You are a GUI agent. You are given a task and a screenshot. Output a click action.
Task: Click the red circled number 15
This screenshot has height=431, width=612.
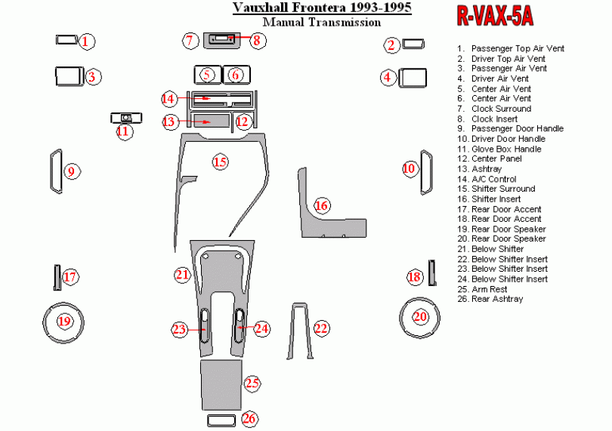[219, 162]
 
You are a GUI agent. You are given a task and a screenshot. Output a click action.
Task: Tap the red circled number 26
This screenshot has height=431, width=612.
[249, 418]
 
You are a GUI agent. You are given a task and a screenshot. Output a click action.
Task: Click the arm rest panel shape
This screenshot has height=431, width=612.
[221, 383]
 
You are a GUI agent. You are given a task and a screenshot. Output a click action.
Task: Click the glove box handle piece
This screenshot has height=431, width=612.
[125, 117]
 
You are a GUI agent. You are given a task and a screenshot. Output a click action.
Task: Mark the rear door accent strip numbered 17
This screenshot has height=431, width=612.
[57, 277]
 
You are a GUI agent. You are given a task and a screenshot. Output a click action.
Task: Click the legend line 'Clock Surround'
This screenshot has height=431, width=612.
[501, 109]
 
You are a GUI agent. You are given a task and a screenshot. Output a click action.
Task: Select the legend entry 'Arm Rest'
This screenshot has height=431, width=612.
[489, 289]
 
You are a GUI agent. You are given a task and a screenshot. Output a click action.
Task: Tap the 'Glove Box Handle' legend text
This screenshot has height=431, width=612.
[506, 149]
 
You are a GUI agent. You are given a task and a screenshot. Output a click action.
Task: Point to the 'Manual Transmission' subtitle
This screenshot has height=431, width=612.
[326, 23]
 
